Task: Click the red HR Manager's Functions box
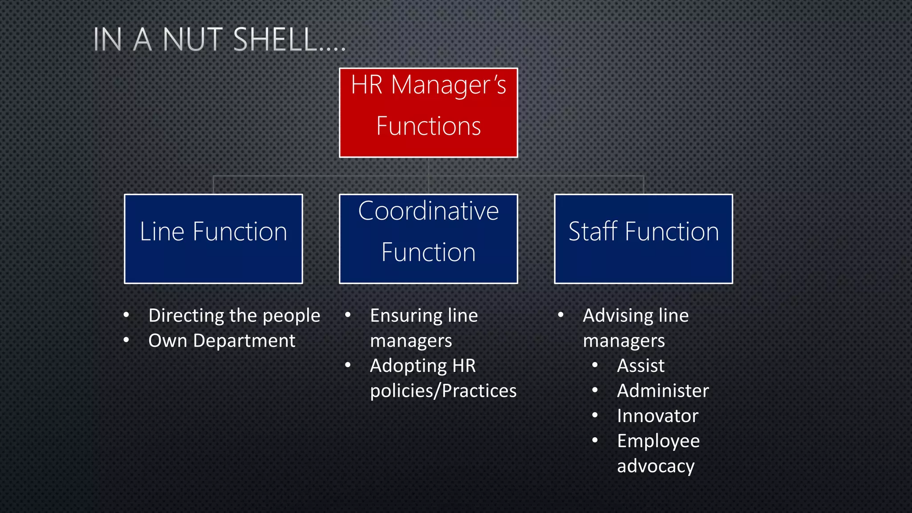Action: (x=428, y=112)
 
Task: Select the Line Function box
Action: (x=213, y=239)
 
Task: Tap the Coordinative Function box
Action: (x=428, y=239)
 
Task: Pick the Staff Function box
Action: (x=643, y=239)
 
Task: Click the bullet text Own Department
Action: (x=221, y=341)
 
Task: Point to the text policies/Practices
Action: (x=443, y=391)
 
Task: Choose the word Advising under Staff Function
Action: (x=616, y=316)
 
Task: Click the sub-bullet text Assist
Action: (x=640, y=366)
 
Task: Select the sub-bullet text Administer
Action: (x=663, y=391)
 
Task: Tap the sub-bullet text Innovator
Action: (x=657, y=416)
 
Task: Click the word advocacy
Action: (x=655, y=466)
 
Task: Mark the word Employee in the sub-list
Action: (x=658, y=441)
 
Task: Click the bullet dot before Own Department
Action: (x=126, y=341)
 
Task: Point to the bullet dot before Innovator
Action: (x=595, y=415)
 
